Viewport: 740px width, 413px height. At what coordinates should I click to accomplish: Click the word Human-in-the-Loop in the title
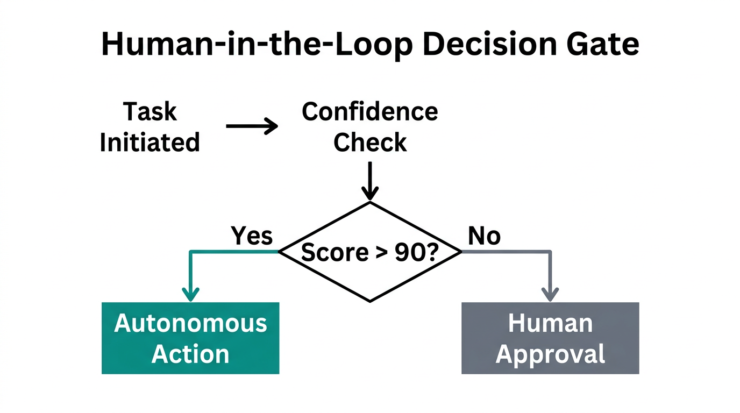point(258,45)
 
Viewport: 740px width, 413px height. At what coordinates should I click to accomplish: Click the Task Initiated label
point(150,127)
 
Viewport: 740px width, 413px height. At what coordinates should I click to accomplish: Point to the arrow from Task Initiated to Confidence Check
point(252,126)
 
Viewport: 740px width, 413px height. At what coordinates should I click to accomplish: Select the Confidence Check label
point(370,127)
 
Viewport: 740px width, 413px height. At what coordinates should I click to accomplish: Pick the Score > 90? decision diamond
point(370,252)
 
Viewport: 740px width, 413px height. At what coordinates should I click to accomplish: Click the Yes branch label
point(252,236)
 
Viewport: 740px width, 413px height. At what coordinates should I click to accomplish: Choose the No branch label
point(484,236)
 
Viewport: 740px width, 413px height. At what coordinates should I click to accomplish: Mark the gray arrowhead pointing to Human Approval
point(550,294)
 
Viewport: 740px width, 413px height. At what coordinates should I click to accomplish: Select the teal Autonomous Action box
point(190,338)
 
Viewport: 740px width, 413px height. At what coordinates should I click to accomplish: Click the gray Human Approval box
point(550,338)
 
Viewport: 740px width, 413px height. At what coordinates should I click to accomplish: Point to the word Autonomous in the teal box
point(190,323)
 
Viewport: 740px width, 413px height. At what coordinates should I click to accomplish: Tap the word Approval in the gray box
point(550,354)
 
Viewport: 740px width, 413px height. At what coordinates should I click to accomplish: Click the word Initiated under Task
point(150,143)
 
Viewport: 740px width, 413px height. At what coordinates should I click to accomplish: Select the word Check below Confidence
point(370,143)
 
